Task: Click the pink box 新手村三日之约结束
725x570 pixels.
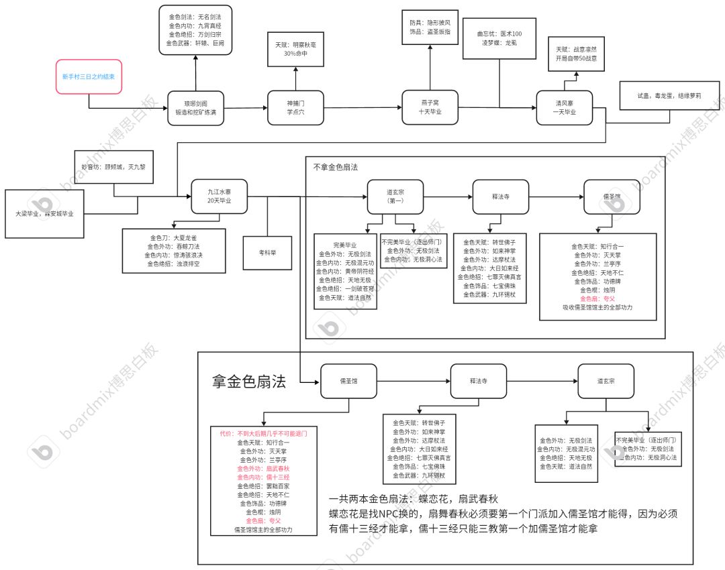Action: click(x=89, y=76)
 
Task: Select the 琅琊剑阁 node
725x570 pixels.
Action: click(x=195, y=108)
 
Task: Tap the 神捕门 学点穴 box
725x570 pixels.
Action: click(x=295, y=108)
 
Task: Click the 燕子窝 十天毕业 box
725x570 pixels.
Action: click(x=430, y=107)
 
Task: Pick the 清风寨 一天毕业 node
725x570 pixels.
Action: click(x=565, y=107)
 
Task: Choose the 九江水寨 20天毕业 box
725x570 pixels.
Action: click(x=219, y=196)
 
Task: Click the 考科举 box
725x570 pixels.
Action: click(x=267, y=253)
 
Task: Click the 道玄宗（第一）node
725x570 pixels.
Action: click(x=395, y=196)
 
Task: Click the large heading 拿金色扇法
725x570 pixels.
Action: click(x=249, y=382)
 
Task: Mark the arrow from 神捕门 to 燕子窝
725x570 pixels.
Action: click(x=362, y=108)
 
